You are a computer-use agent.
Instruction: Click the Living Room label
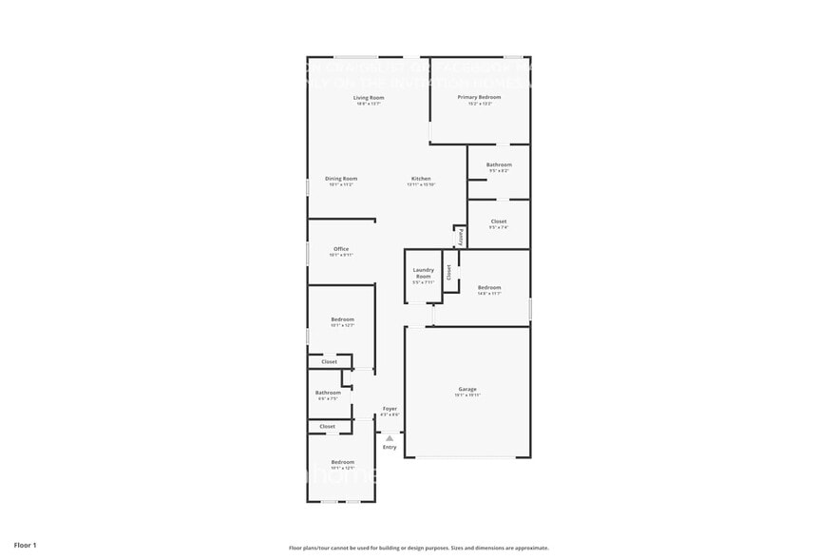point(369,98)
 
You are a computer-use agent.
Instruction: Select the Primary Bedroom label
point(479,97)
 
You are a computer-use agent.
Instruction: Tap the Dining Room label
point(341,179)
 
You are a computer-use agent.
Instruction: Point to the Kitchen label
point(421,179)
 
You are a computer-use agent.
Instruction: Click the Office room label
point(341,249)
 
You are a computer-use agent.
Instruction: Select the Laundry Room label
point(423,273)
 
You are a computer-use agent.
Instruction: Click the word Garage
point(467,389)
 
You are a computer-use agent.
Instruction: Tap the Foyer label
point(390,409)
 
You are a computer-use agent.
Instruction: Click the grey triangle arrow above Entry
point(390,438)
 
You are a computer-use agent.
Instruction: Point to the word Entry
point(390,447)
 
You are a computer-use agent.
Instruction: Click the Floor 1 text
point(25,546)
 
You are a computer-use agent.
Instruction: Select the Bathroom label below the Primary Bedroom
point(499,164)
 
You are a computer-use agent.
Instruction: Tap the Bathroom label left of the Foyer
point(328,393)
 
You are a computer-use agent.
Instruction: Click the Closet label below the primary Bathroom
point(499,222)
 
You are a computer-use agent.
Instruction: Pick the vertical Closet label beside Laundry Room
point(449,272)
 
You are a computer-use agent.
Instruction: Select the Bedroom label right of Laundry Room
point(489,287)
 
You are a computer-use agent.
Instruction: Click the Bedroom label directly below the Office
point(342,318)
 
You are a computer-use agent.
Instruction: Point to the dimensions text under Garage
point(467,395)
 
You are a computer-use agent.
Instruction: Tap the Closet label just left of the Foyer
point(328,427)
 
